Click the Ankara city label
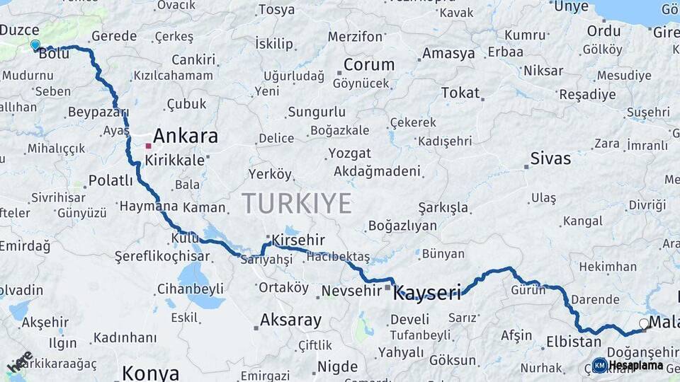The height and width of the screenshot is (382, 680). click(x=186, y=136)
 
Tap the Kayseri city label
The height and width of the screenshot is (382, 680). click(x=427, y=292)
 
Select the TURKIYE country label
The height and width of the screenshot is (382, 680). click(x=297, y=204)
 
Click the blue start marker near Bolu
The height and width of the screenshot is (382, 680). click(x=35, y=45)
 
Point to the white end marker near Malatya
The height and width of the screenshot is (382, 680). click(x=644, y=324)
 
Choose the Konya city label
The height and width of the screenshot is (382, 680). click(x=150, y=373)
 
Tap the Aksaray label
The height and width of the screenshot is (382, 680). click(x=290, y=320)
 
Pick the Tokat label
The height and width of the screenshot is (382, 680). click(x=460, y=93)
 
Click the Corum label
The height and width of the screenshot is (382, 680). click(x=369, y=64)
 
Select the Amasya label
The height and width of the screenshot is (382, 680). click(x=448, y=53)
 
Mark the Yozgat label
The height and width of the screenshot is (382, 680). click(x=349, y=154)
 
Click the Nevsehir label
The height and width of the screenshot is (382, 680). click(x=352, y=291)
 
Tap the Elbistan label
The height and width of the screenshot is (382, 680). click(x=573, y=342)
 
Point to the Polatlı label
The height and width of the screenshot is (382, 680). click(x=110, y=180)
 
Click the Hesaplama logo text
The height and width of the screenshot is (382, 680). click(x=635, y=365)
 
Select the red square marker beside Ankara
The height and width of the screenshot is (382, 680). click(x=148, y=146)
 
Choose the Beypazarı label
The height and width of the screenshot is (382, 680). click(x=98, y=112)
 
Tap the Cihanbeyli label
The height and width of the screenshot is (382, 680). click(x=190, y=289)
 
